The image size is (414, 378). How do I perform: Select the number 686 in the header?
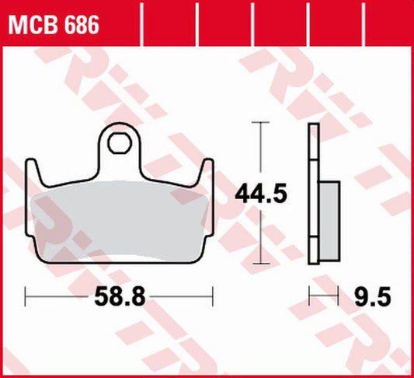click(x=81, y=26)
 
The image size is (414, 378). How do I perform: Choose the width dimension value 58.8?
click(x=119, y=296)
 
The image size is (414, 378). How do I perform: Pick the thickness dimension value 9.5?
click(x=371, y=296)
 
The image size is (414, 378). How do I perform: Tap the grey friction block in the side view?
click(x=329, y=222)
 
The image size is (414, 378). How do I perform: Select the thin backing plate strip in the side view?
click(x=314, y=194)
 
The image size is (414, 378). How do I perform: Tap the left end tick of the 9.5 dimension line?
click(x=310, y=296)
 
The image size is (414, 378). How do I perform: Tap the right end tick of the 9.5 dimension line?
click(x=339, y=296)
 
